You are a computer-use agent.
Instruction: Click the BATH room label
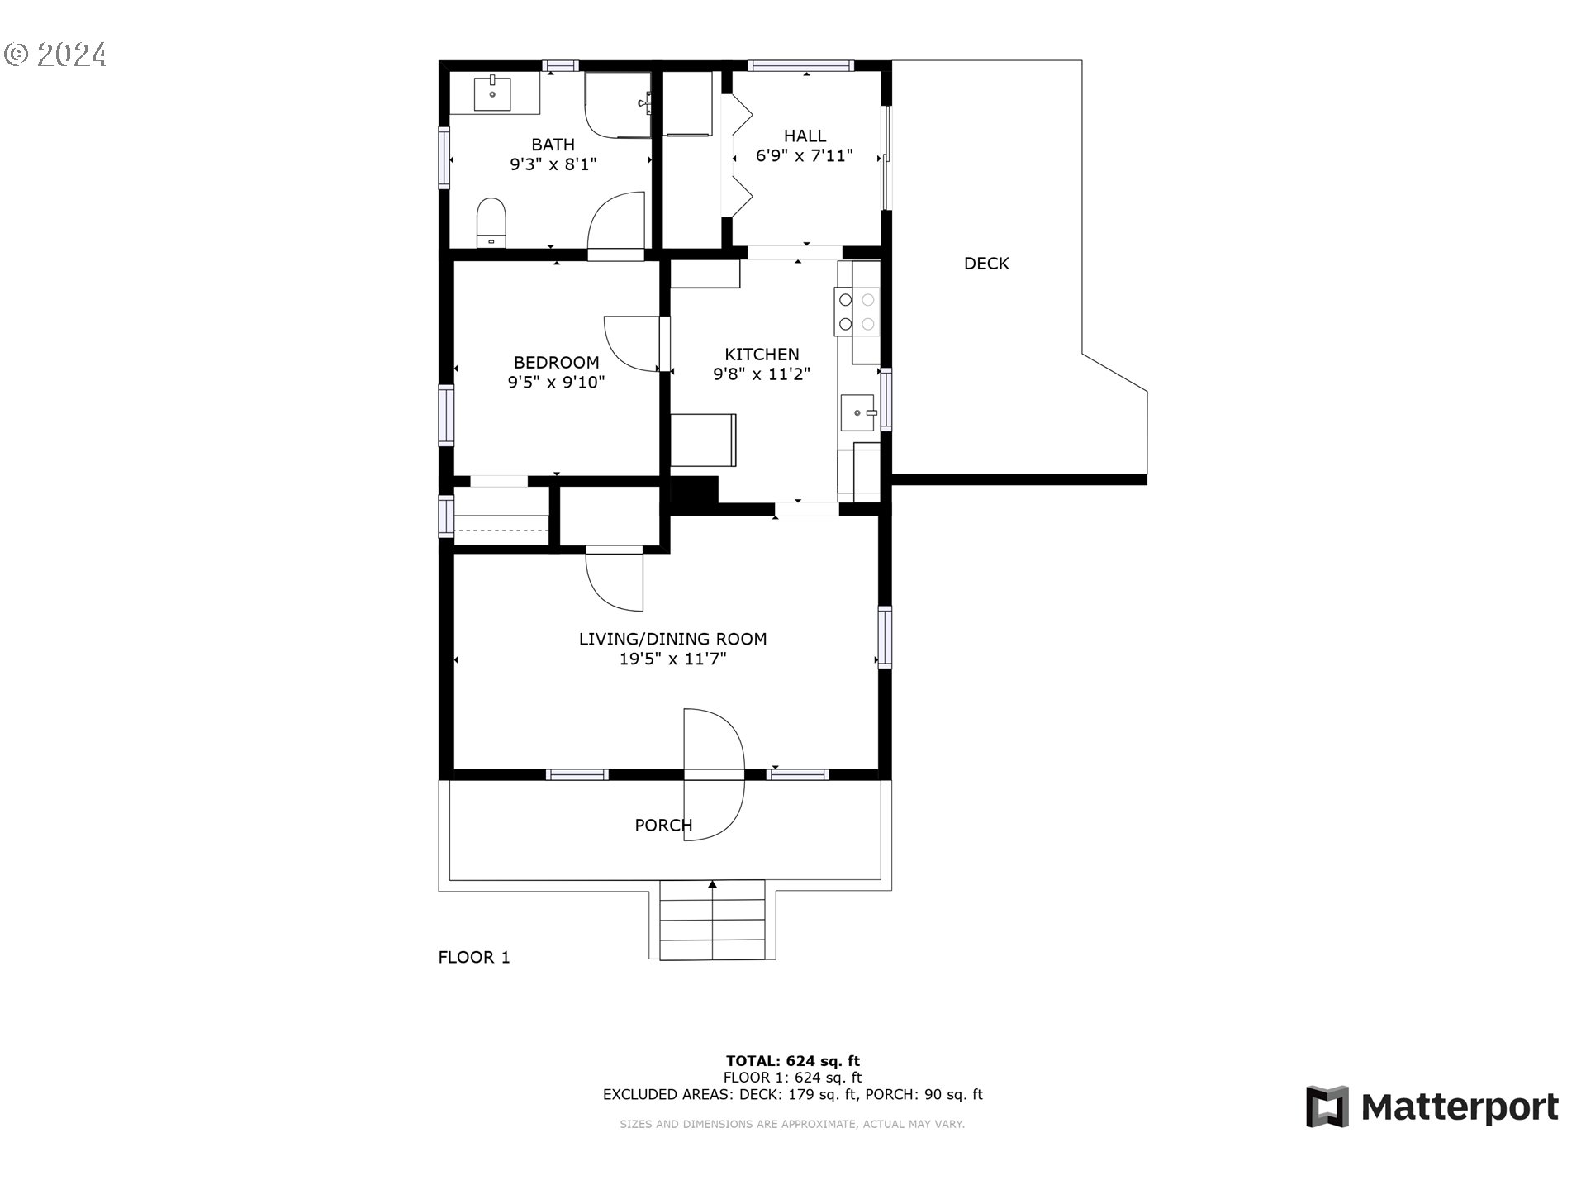(553, 145)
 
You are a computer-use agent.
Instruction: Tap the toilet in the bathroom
(491, 221)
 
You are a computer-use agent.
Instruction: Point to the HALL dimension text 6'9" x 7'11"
(804, 156)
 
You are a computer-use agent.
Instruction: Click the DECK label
(986, 264)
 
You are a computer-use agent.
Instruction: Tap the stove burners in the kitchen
(857, 312)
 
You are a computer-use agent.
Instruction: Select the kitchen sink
(858, 412)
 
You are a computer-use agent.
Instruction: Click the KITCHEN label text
(762, 354)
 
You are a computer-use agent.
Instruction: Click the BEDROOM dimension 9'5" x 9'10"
(556, 383)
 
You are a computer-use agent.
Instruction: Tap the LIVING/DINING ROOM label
(672, 639)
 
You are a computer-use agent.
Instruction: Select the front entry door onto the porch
(715, 774)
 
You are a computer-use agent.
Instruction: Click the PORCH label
(662, 825)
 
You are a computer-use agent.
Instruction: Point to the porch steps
(713, 921)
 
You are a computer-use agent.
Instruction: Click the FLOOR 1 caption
(473, 957)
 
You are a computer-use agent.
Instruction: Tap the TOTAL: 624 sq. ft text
(792, 1060)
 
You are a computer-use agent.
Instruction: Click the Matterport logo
(1432, 1107)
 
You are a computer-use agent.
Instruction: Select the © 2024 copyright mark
(55, 55)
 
